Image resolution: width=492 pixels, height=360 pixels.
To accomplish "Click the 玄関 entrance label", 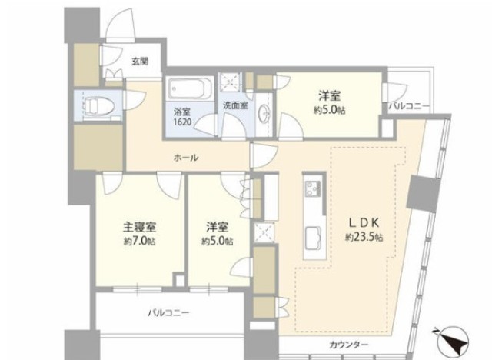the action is [140, 62].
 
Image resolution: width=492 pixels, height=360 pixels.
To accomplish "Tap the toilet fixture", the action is [98, 105].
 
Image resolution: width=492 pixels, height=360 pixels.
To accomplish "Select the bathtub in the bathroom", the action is [190, 88].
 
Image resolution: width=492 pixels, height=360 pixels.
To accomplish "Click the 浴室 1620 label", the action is [182, 117].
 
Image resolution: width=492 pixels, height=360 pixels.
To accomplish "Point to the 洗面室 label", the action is [235, 105].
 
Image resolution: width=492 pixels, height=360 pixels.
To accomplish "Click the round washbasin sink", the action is [264, 112].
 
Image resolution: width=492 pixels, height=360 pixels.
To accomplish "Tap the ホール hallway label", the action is [186, 158].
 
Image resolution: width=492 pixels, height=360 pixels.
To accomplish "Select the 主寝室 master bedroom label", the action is [139, 227].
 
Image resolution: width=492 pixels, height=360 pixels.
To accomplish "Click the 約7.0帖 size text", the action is [139, 242].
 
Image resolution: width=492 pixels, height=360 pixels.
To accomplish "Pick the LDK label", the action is [364, 222].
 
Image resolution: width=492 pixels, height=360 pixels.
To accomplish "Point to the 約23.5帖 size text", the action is [364, 237].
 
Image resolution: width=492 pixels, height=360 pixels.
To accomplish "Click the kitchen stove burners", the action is [313, 188].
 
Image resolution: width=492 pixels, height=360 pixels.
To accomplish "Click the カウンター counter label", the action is [348, 345].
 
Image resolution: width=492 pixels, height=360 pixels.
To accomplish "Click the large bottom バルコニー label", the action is [168, 312].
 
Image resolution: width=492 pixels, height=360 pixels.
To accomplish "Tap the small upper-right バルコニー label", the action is [408, 106].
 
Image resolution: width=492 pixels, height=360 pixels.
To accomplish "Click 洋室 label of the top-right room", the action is [330, 95].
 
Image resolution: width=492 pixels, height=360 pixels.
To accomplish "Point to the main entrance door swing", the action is [121, 25].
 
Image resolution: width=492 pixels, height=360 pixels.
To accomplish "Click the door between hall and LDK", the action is [264, 155].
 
